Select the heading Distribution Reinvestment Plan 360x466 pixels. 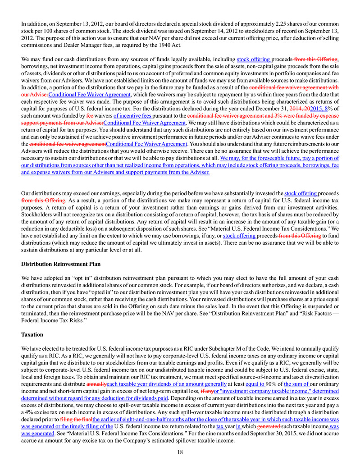point(61,264)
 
